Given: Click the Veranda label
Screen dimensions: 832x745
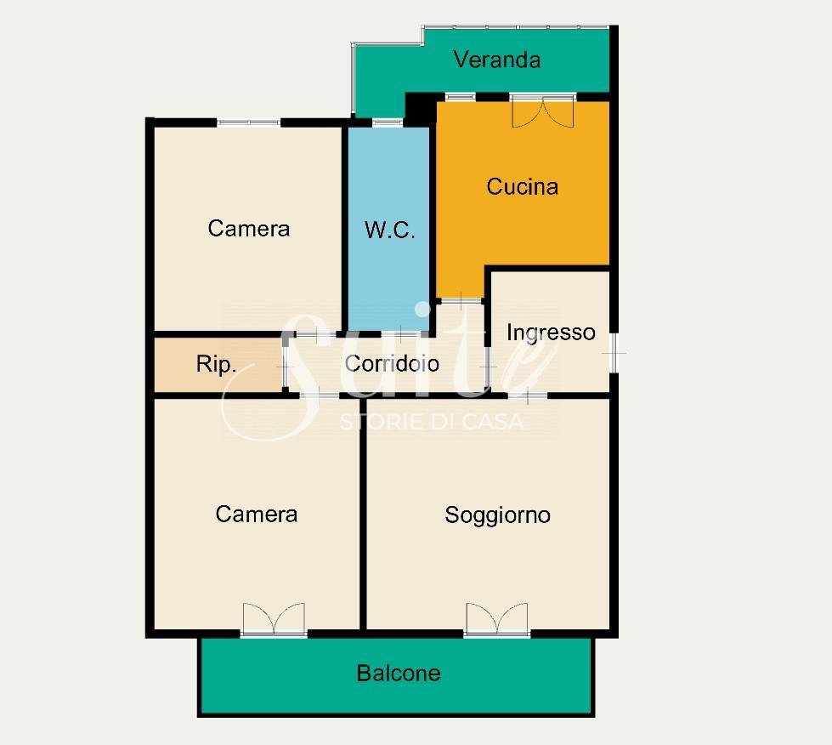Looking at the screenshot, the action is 497,60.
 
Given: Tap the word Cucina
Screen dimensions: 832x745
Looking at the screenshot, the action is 522,186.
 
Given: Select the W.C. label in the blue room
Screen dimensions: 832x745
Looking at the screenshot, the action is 389,230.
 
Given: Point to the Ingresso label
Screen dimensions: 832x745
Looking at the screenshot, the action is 551,333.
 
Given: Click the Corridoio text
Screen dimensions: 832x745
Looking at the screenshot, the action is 392,364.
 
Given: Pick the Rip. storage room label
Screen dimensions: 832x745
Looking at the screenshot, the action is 216,364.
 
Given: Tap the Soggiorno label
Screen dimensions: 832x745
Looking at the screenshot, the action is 497,515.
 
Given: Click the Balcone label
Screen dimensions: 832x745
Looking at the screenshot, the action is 399,674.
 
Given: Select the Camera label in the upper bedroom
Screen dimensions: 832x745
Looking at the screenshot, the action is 249,229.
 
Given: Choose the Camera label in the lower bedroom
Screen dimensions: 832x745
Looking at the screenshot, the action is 257,514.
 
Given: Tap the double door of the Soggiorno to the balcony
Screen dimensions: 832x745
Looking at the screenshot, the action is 496,619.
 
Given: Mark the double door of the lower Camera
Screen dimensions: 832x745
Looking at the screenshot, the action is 274,619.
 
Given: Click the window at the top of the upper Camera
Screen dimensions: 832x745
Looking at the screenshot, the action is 248,122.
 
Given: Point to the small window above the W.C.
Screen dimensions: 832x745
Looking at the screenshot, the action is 388,122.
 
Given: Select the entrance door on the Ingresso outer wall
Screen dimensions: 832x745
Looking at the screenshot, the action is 614,352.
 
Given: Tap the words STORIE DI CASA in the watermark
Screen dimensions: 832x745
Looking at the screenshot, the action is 432,422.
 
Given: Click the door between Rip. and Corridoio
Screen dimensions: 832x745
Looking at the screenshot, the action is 285,367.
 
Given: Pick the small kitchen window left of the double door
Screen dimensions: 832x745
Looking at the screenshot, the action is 460,97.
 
